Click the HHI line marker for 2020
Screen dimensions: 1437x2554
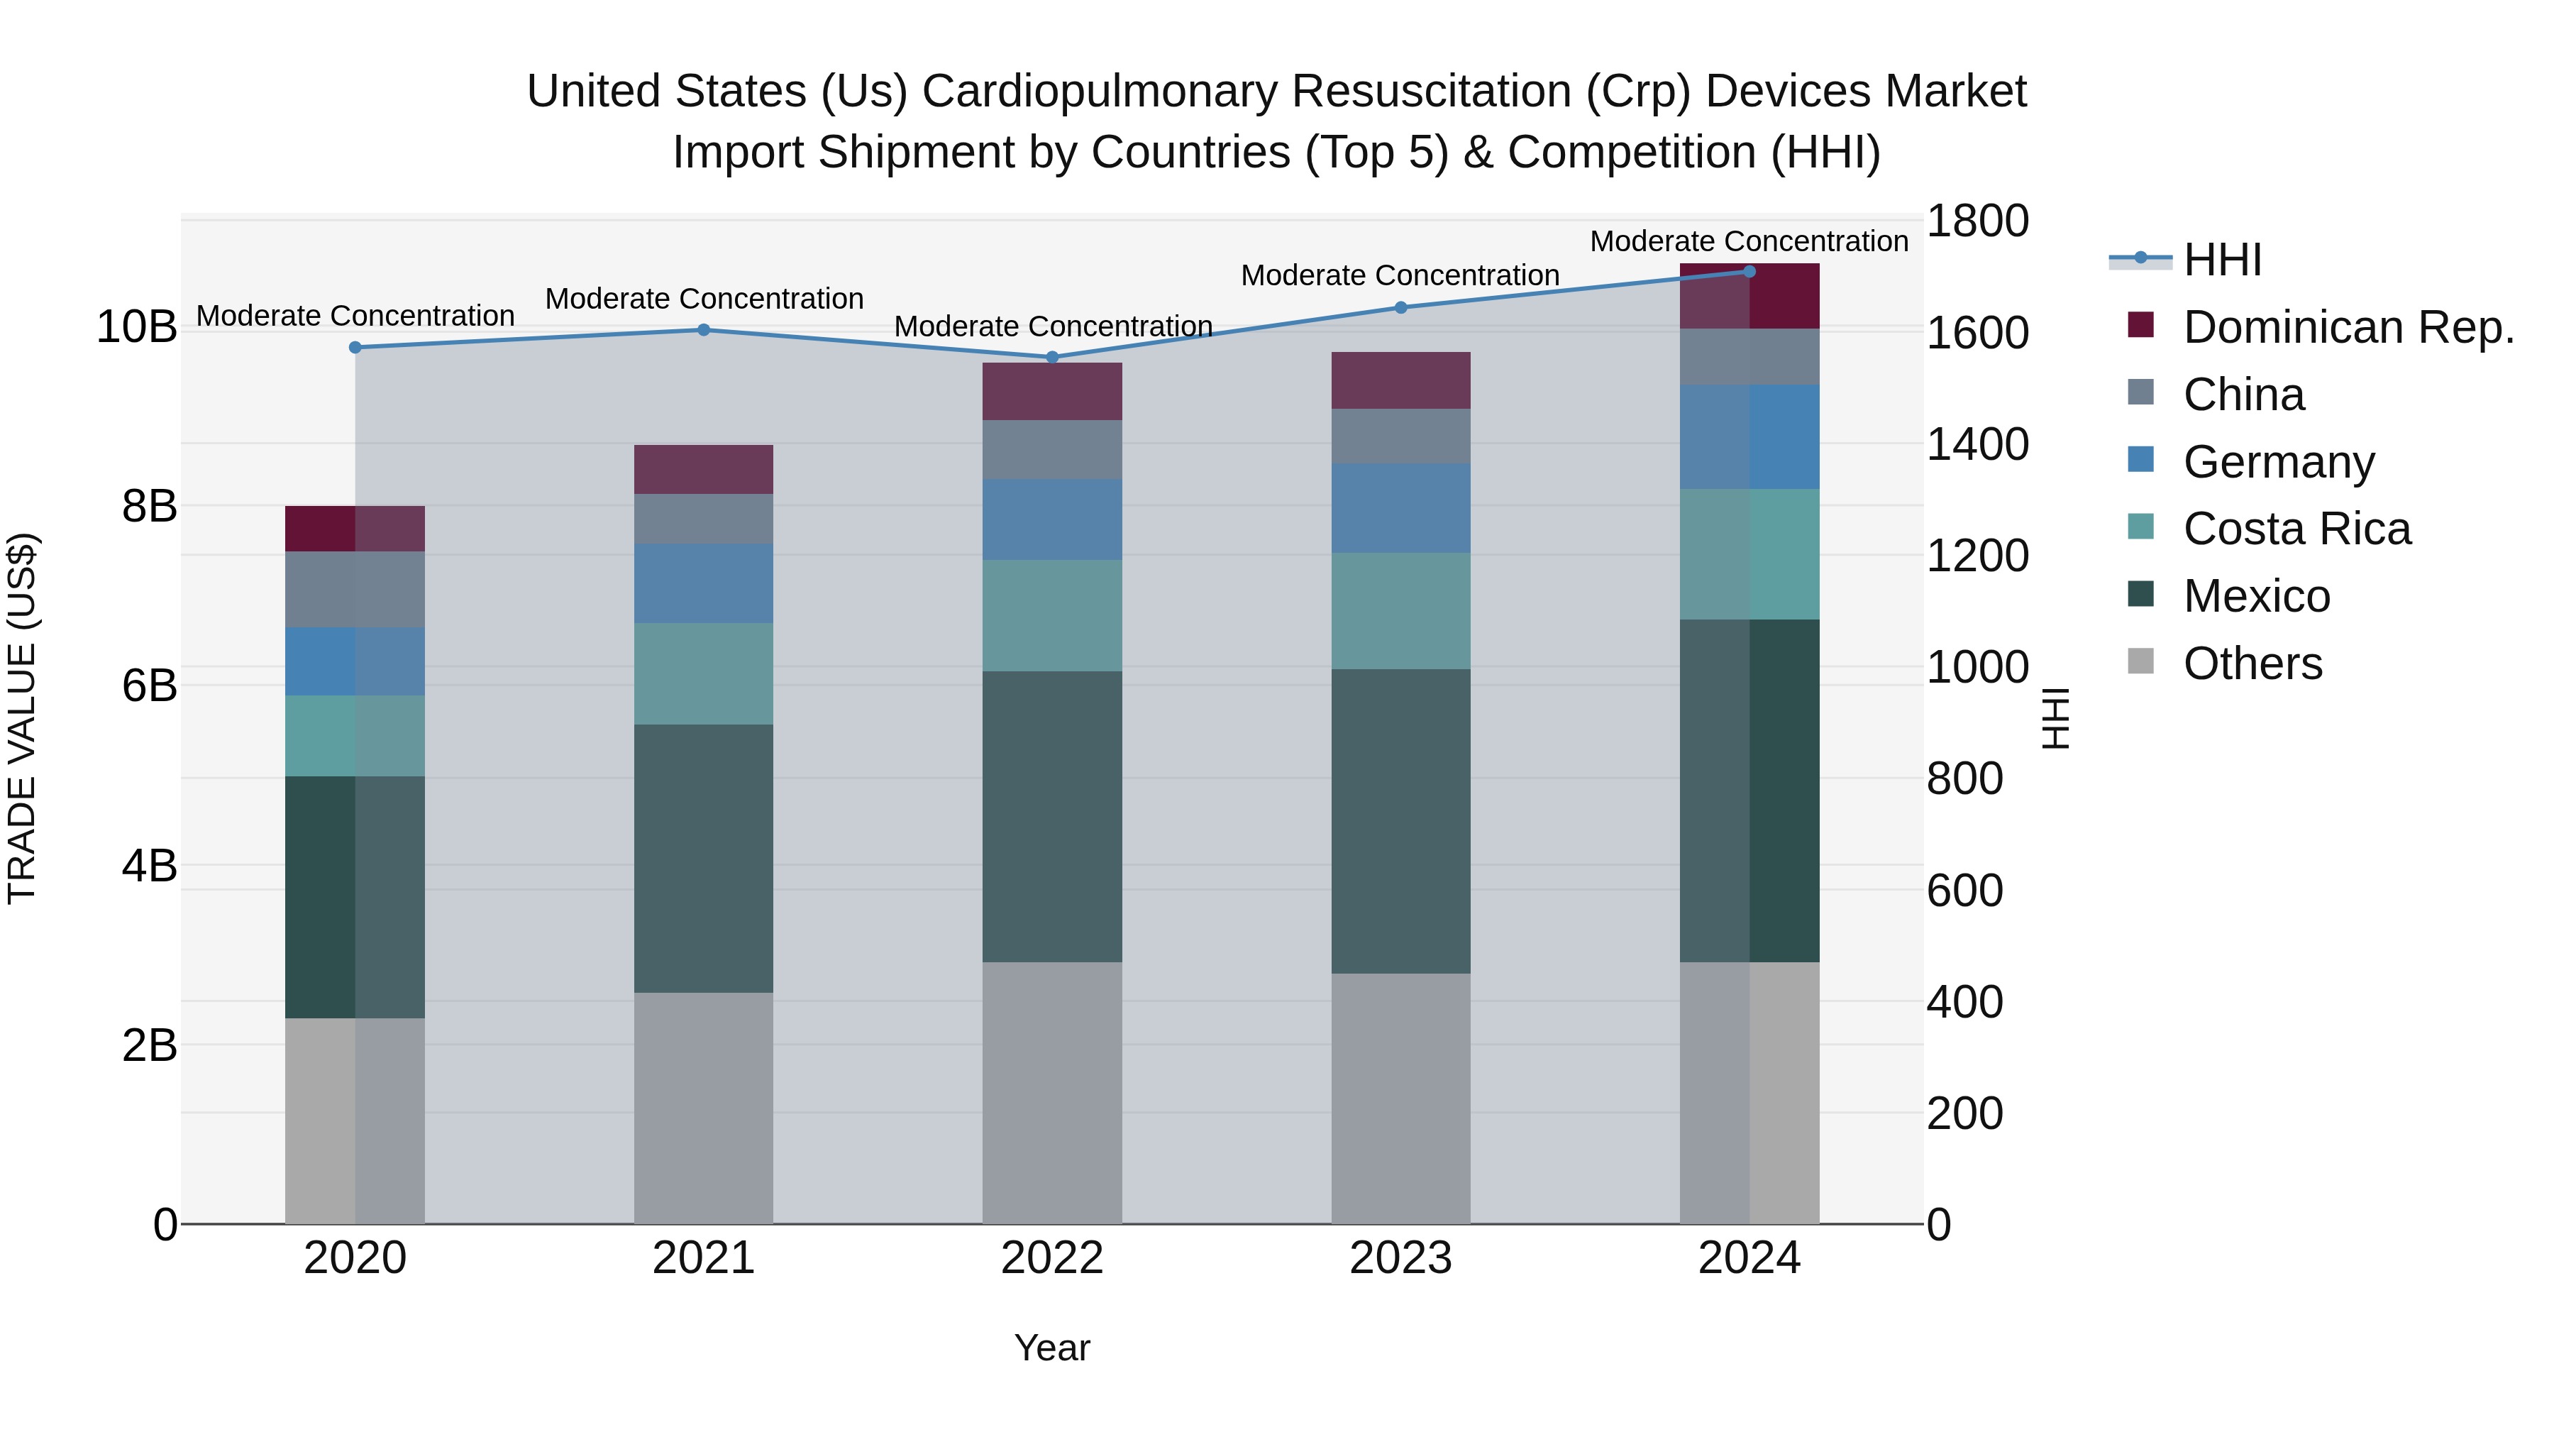[x=355, y=347]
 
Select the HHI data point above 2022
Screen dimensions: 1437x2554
[x=1052, y=357]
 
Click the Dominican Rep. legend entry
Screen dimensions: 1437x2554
[x=2348, y=327]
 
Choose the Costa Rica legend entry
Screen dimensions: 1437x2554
[x=2296, y=529]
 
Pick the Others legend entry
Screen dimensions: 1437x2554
[x=2252, y=664]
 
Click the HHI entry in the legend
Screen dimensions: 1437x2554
[x=2222, y=260]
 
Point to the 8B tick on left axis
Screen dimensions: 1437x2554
[x=149, y=507]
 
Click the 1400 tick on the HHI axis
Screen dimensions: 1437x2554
[x=1976, y=444]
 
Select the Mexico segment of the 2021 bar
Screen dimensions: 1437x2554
[x=703, y=858]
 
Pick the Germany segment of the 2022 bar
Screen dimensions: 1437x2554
[x=1052, y=519]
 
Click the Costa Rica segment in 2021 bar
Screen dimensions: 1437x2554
[x=703, y=673]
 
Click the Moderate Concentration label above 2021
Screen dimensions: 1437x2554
[x=704, y=299]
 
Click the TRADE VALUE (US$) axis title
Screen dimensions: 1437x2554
[x=22, y=718]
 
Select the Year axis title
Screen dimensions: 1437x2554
[x=1052, y=1348]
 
